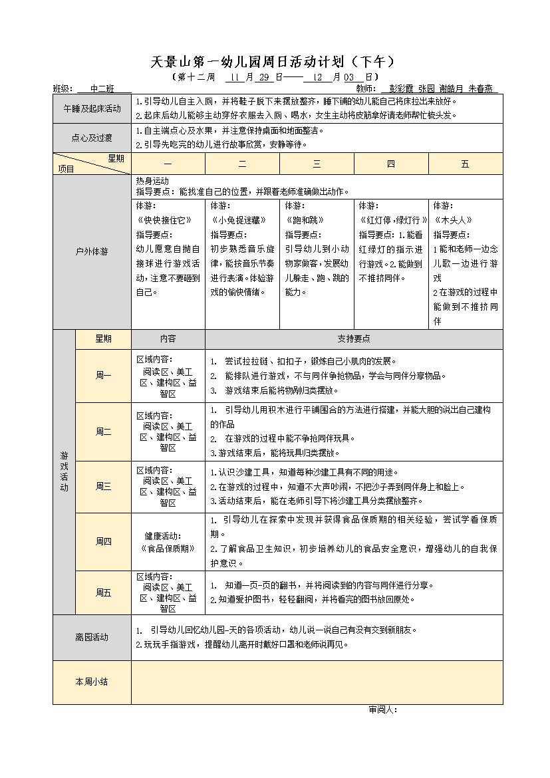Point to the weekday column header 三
pyautogui.click(x=317, y=164)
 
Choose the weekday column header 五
pyautogui.click(x=465, y=164)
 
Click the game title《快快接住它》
pyautogui.click(x=164, y=220)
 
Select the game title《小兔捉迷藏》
pyautogui.click(x=238, y=220)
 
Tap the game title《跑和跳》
pyautogui.click(x=305, y=220)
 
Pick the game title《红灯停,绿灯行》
pyautogui.click(x=392, y=220)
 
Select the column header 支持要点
pyautogui.click(x=354, y=338)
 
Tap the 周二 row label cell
pyautogui.click(x=103, y=432)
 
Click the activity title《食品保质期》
pyautogui.click(x=168, y=549)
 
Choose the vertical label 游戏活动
pyautogui.click(x=64, y=471)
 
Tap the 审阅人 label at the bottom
pyautogui.click(x=382, y=710)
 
